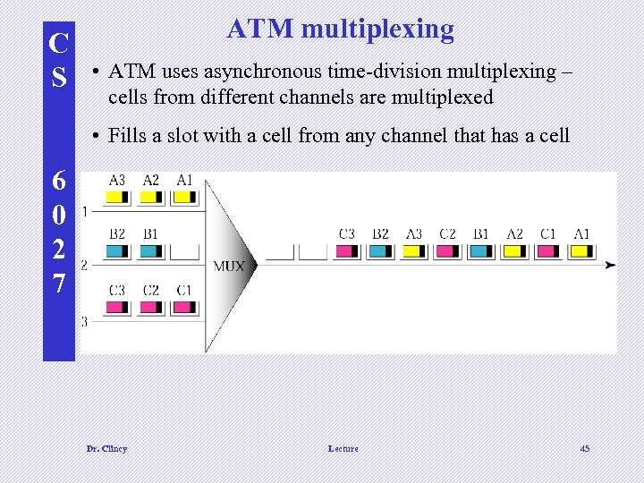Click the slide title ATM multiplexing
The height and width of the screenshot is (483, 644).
click(340, 29)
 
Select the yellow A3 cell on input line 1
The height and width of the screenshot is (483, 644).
click(117, 197)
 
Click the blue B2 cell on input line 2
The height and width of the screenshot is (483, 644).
click(117, 251)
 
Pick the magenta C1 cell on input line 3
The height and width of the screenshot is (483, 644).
click(184, 307)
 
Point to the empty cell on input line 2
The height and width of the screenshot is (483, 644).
click(184, 251)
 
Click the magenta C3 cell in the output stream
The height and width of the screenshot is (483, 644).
click(346, 251)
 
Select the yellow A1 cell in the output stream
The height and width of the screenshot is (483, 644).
click(581, 251)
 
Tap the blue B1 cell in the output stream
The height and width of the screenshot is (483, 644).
click(481, 251)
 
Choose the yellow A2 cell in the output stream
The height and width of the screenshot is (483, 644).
click(514, 251)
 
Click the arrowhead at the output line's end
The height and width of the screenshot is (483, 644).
click(610, 266)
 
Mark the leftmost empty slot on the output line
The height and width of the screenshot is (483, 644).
click(279, 251)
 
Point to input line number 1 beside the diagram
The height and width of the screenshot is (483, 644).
click(84, 212)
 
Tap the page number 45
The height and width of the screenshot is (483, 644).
click(584, 448)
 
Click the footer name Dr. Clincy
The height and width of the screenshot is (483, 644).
click(106, 448)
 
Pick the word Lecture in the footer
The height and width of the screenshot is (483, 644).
click(343, 448)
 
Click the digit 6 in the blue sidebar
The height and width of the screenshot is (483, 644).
click(58, 181)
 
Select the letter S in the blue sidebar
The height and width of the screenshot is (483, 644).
click(58, 78)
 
